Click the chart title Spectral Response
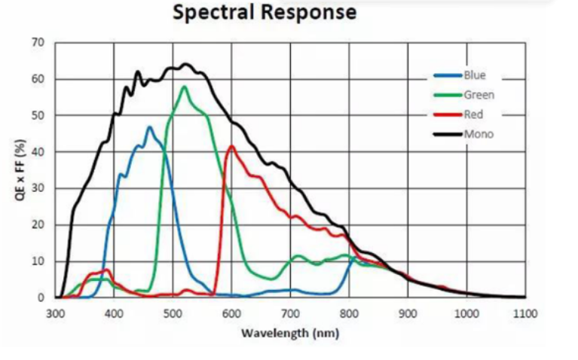[264, 13]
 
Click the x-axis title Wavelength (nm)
[290, 332]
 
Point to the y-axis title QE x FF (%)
[20, 169]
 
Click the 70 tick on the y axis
[38, 42]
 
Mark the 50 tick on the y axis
[38, 115]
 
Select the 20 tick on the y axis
[38, 224]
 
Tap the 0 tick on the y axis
[41, 297]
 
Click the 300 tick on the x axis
[56, 313]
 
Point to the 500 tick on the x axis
[173, 313]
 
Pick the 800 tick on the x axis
[349, 313]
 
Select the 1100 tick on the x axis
[525, 313]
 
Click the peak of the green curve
[184, 87]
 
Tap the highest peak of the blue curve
[149, 127]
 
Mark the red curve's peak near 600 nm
[231, 146]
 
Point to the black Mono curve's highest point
[185, 64]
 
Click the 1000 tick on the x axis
[466, 313]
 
